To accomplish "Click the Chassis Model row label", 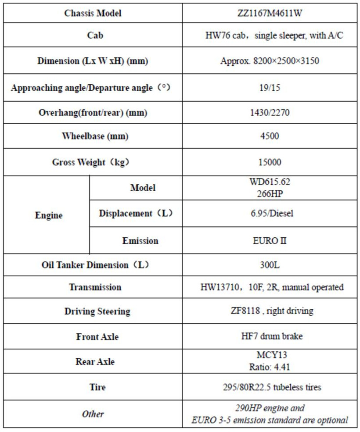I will (x=93, y=13).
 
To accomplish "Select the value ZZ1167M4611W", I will (x=270, y=13).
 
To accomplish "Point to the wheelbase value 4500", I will (x=270, y=136).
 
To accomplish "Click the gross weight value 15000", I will (x=270, y=162).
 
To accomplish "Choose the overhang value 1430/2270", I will (x=270, y=112).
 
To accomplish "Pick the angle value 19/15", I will (x=270, y=87).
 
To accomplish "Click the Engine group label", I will (x=49, y=215).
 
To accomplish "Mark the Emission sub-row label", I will (x=140, y=241).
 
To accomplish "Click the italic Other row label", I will (x=93, y=414).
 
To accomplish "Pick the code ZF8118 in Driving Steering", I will (x=240, y=311).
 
